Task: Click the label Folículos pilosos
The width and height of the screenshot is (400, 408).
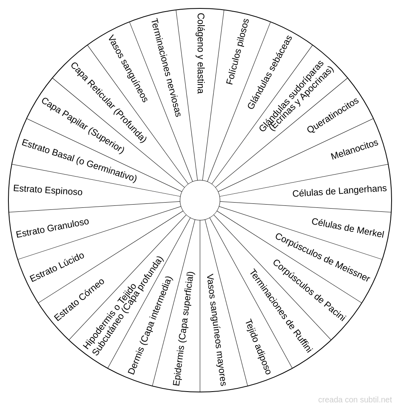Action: click(x=238, y=52)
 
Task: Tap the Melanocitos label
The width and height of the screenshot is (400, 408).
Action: click(x=354, y=150)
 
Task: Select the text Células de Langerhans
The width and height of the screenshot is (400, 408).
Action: click(x=340, y=191)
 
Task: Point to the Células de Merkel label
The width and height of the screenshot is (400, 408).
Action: click(x=348, y=227)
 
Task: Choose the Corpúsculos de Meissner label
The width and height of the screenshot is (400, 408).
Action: click(x=322, y=257)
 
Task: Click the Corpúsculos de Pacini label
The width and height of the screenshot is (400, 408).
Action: click(x=309, y=290)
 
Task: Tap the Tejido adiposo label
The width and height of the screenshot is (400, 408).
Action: click(x=258, y=346)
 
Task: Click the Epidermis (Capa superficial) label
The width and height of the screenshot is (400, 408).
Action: click(x=184, y=329)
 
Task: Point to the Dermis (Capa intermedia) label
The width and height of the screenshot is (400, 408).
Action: click(x=150, y=326)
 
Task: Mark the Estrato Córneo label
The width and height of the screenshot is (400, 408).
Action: click(x=79, y=299)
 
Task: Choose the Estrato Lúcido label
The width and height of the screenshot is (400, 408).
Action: click(x=57, y=267)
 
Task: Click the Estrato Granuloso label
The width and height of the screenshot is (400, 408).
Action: click(x=52, y=228)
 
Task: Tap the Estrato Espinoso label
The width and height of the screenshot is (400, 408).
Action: click(x=48, y=190)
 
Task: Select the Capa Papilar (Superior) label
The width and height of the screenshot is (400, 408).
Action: click(x=83, y=126)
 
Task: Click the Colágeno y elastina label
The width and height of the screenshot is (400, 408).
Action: click(x=200, y=53)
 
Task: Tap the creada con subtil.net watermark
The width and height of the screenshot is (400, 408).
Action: click(x=355, y=400)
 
